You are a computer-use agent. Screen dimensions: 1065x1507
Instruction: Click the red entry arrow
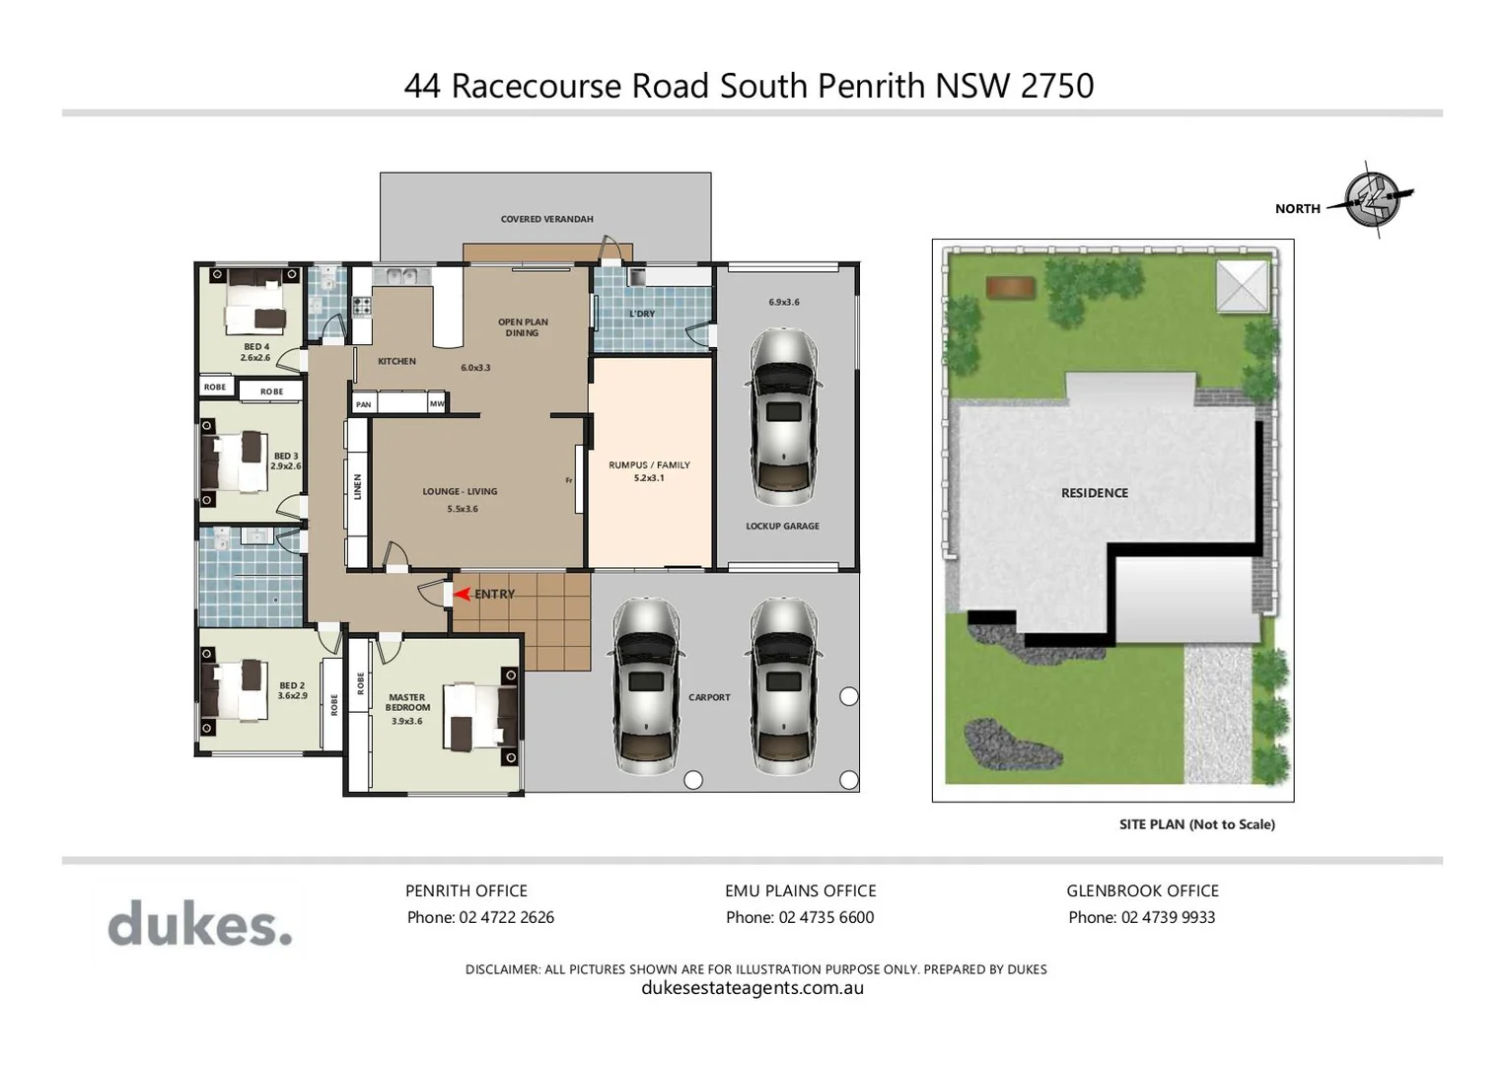[x=461, y=594]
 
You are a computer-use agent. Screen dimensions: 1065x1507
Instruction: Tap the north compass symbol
[x=1373, y=200]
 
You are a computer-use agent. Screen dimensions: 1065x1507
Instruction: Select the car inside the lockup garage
[x=783, y=416]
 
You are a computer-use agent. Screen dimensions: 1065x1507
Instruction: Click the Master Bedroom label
[x=407, y=702]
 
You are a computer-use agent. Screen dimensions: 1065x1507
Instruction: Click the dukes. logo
[x=200, y=924]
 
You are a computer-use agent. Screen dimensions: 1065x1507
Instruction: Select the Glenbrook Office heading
[x=1142, y=890]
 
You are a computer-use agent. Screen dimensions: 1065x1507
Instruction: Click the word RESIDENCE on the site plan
[x=1094, y=493]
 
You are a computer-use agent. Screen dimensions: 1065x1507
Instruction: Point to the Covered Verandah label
[x=546, y=219]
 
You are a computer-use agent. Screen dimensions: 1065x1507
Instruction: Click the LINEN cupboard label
[x=358, y=486]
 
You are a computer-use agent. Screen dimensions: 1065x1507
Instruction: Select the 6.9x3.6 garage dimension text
[x=784, y=302]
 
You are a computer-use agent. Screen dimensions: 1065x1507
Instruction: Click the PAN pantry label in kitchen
[x=364, y=404]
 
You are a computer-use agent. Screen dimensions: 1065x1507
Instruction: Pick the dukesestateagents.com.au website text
[x=753, y=988]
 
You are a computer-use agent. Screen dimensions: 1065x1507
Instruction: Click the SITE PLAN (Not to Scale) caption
[x=1196, y=824]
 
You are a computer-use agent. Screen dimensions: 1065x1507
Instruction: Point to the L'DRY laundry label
[x=642, y=314]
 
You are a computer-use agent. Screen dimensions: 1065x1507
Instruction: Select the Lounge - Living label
[x=460, y=491]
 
